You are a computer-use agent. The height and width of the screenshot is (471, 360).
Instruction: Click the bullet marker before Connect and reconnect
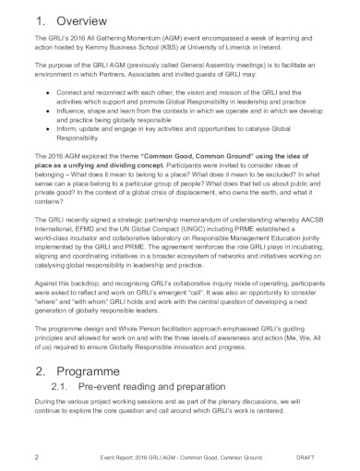[x=47, y=93]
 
